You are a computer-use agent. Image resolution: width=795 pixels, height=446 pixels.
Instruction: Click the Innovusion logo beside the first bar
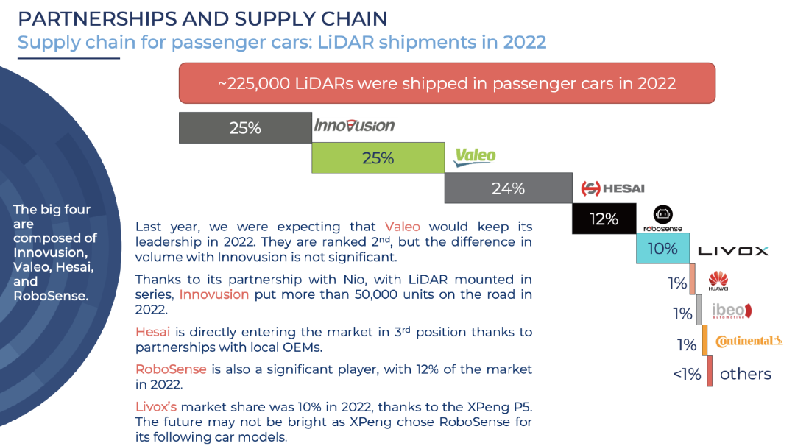coord(354,126)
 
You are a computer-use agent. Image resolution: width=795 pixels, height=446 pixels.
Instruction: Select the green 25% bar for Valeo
coord(378,157)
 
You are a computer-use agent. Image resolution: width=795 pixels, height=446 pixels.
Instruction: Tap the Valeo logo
coord(474,157)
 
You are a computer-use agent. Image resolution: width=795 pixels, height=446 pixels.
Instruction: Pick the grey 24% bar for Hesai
coord(508,188)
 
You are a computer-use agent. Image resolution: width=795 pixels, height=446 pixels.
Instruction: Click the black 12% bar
coord(604,219)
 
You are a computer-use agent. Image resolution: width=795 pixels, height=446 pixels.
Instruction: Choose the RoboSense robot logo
coord(660,217)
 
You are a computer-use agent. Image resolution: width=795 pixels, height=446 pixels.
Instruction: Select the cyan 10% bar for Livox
coord(662,249)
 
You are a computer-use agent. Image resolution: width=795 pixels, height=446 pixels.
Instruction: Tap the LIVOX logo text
coord(733,251)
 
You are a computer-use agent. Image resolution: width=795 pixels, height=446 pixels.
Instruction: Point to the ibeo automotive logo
coord(732,311)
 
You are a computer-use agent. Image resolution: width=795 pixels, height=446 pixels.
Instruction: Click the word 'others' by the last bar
coord(745,374)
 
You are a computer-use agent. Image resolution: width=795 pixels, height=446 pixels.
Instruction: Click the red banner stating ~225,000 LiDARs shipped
coord(447,82)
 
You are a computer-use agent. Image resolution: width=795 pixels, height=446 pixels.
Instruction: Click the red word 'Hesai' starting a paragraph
coord(152,332)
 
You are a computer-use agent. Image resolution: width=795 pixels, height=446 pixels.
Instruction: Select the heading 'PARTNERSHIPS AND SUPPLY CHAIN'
coord(202,18)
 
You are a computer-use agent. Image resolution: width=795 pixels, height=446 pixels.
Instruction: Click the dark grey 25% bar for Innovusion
coord(245,127)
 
